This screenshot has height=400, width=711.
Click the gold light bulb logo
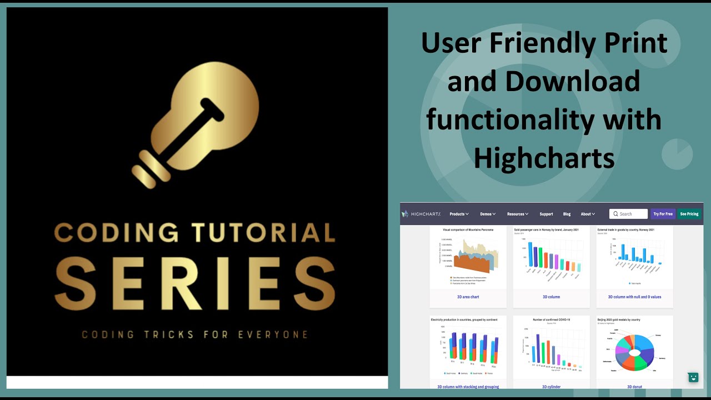(197, 125)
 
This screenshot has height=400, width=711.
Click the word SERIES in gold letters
(195, 283)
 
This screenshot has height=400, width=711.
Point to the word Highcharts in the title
(544, 158)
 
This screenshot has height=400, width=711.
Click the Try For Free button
(663, 214)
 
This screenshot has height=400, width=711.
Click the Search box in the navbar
(629, 214)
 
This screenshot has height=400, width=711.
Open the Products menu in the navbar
(459, 214)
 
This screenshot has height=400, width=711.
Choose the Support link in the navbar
(546, 214)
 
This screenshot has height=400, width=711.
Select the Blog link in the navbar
(567, 214)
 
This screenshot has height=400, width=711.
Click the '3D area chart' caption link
(468, 297)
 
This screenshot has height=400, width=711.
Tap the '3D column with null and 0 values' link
(634, 297)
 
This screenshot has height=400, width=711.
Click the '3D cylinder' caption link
(551, 387)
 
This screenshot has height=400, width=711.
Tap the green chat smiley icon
(693, 377)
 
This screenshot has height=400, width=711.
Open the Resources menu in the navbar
(517, 214)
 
